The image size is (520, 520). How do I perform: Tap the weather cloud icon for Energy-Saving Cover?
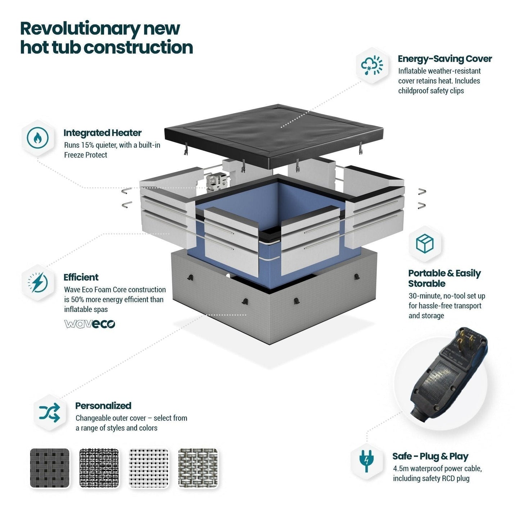click(372, 65)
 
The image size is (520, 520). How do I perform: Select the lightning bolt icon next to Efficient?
click(38, 283)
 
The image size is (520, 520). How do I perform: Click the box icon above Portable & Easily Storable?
click(425, 244)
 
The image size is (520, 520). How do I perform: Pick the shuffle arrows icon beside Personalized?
click(50, 412)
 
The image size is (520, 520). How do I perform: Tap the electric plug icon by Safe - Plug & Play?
click(366, 461)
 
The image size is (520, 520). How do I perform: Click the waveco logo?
click(90, 324)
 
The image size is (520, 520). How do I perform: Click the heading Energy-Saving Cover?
click(445, 59)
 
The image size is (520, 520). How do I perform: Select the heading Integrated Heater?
click(103, 133)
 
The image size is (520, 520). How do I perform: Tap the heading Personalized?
click(103, 406)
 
